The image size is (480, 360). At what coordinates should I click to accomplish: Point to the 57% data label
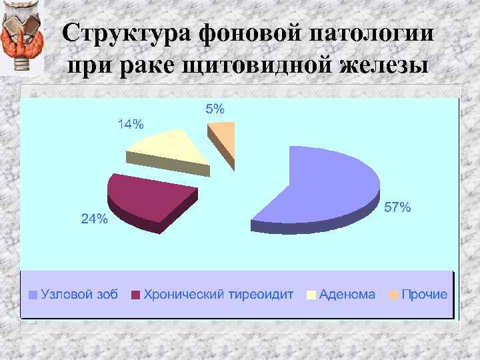point(398,209)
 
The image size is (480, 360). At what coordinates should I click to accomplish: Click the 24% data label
point(94,219)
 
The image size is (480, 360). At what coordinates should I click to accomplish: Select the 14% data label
point(130,124)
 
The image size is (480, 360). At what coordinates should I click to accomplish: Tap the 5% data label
point(215,109)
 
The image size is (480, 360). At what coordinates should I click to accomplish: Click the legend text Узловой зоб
point(79,294)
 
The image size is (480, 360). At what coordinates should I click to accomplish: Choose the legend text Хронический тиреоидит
point(219,294)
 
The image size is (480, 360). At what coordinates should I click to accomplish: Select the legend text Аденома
point(347,294)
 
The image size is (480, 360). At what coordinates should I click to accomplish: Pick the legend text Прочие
point(424,294)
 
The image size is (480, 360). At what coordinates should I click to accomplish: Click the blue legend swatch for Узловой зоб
point(33,295)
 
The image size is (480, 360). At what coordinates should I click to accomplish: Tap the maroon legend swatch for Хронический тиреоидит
point(137,295)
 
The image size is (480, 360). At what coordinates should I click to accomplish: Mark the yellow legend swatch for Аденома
point(311,295)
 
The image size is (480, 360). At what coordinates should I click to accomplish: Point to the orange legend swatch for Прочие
point(393,295)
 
